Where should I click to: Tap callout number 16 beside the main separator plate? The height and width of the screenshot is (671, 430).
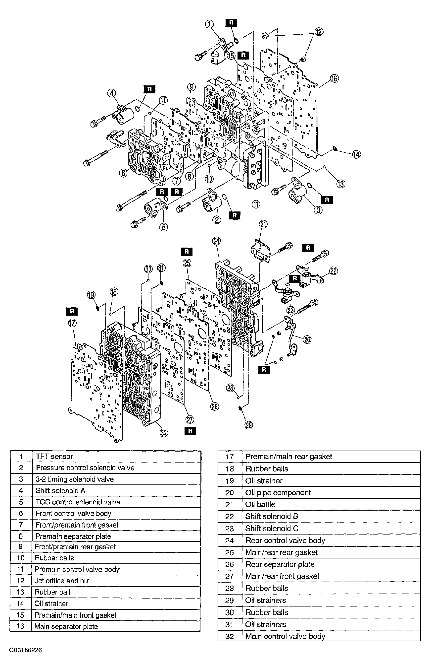pos(334,78)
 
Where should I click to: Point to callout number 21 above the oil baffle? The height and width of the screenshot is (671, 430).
pos(263,224)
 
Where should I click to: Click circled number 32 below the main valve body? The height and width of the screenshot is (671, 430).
pos(164,433)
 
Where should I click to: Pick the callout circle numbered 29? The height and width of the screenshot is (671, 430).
pos(248,425)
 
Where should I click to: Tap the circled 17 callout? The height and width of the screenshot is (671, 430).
pos(72,323)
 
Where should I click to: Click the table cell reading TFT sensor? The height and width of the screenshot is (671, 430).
pos(54,457)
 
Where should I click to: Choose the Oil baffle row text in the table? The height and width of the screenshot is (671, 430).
pos(260,504)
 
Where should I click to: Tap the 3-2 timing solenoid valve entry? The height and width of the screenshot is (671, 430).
pos(75,479)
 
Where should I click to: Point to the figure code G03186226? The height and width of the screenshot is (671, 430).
pos(25,650)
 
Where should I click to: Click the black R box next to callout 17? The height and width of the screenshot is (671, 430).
pos(72,311)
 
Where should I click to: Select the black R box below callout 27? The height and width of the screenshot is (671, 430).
pos(190,431)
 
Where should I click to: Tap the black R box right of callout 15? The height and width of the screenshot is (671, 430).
pos(243,55)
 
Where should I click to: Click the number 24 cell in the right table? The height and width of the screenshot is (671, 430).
pos(230,540)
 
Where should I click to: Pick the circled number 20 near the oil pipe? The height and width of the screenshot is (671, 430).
pos(307,340)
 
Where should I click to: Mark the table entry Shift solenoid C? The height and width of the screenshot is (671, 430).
pos(272,529)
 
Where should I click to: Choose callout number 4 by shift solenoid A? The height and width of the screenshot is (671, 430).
pos(112,93)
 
